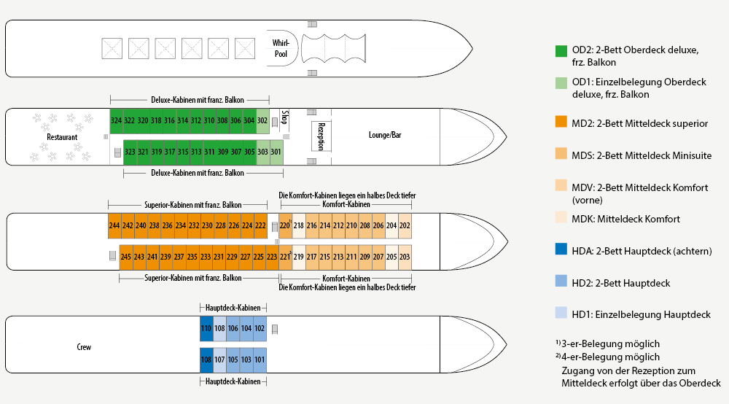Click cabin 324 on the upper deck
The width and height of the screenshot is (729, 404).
pos(116,120)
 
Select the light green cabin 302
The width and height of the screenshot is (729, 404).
pos(262,120)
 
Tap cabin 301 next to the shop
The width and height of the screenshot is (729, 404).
pos(276,152)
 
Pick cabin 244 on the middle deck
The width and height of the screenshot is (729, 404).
pos(114,226)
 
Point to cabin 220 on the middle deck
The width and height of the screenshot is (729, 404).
pos(285,226)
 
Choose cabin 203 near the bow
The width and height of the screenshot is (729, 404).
pos(405,257)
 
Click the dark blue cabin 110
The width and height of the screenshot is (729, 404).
pos(206,329)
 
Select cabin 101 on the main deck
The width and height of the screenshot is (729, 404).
pos(260,360)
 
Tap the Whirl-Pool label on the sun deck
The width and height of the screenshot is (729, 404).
pos(281,48)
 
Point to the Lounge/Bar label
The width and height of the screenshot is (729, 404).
pos(386,136)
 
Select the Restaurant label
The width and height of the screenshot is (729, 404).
pos(62,137)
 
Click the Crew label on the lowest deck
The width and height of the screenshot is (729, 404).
pos(84,347)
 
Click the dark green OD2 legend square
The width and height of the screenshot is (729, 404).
pos(561,51)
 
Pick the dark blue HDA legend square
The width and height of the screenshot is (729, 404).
pos(561,250)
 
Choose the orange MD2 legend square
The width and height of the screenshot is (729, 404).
pos(561,123)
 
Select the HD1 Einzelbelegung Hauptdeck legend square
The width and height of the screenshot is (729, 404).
pos(561,314)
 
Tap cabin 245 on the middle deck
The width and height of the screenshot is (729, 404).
pos(126,257)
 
